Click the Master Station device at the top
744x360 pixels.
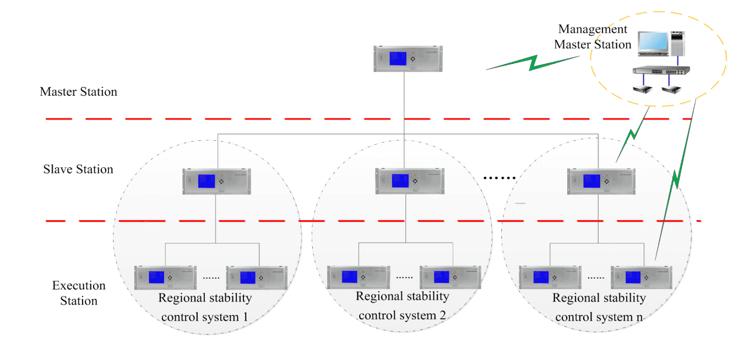404,58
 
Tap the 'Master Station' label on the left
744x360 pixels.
78,92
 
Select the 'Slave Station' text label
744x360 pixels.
78,170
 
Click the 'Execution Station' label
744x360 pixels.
79,293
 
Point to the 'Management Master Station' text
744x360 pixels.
593,37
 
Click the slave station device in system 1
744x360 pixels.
216,181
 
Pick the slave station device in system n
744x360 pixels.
601,181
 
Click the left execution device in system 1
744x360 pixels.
165,277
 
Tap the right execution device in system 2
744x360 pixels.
450,277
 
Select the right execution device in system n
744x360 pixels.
642,277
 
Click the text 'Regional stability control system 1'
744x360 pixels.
205,307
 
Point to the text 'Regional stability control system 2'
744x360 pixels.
402,306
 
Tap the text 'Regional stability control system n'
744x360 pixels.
599,307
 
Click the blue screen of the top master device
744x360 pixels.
398,58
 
